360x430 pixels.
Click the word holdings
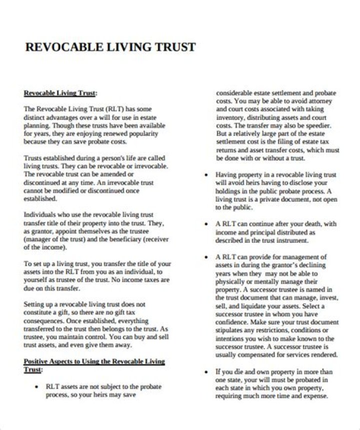[x=228, y=191]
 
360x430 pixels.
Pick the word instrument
[x=291, y=240]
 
